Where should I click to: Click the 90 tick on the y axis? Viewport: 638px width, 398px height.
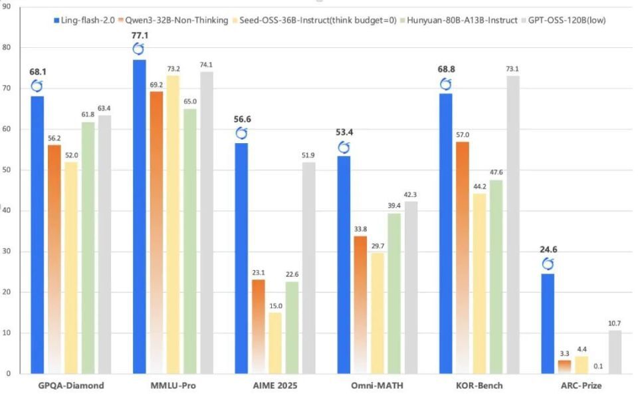click(x=7, y=7)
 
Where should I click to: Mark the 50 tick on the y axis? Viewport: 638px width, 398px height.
click(x=7, y=170)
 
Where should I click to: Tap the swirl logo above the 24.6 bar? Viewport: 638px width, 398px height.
click(x=547, y=264)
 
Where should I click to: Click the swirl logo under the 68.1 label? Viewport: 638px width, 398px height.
click(x=37, y=86)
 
